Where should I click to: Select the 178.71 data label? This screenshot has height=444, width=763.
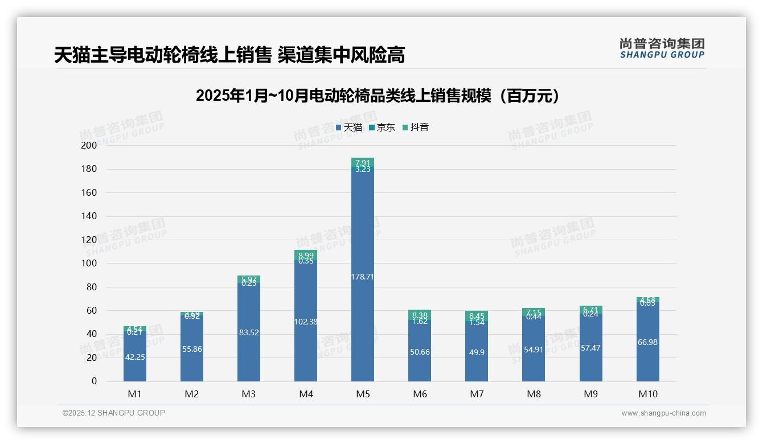pos(363,277)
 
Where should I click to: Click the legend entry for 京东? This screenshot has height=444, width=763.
pos(382,128)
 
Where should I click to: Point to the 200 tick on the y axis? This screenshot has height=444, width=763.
pos(89,145)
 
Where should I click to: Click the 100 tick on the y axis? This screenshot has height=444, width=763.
pos(89,264)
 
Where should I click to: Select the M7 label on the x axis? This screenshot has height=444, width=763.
pos(477,394)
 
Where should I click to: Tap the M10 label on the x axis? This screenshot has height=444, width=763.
pos(647,394)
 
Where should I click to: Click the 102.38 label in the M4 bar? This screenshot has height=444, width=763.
pos(306,322)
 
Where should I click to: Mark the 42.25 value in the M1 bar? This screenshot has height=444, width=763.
pos(135,357)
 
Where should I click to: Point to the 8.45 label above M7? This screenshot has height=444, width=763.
pos(477,316)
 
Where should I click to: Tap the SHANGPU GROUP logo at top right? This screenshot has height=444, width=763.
pos(662,48)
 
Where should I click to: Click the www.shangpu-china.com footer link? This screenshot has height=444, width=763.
pos(663,413)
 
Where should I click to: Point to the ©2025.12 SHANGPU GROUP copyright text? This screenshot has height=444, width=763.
pos(114,413)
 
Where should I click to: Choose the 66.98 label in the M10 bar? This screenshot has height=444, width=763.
pos(647,342)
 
